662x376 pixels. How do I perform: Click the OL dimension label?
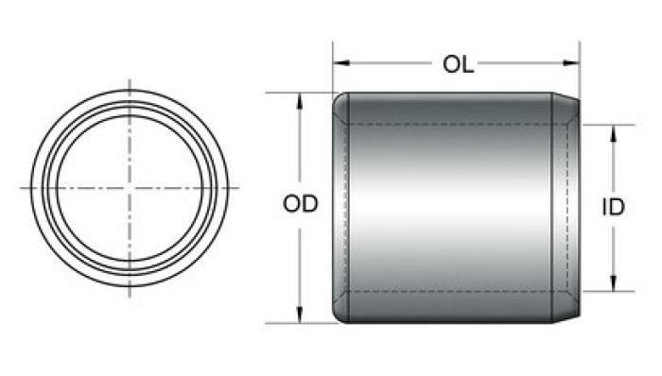click(458, 64)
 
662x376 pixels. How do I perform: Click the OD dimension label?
click(300, 204)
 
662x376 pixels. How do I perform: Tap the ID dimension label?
click(613, 207)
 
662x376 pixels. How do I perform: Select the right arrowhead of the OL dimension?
click(571, 63)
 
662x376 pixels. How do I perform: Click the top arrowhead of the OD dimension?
click(300, 102)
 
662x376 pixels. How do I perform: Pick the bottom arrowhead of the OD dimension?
click(300, 315)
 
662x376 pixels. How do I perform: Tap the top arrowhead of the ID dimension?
click(614, 133)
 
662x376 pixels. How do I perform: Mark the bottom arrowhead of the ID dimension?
click(614, 282)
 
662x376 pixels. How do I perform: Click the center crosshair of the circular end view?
click(130, 188)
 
